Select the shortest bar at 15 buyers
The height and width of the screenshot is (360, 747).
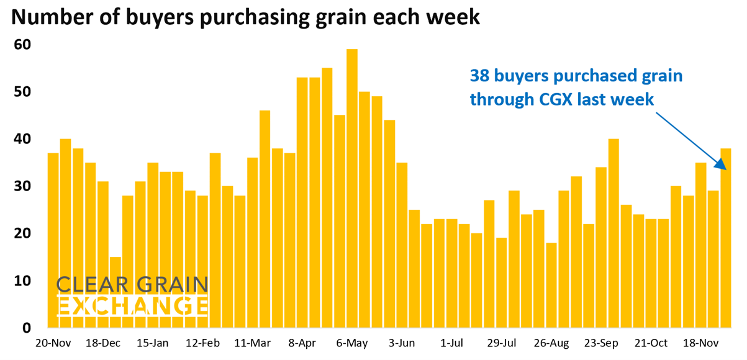coord(115,292)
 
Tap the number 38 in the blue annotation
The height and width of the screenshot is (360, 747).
coord(480,76)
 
